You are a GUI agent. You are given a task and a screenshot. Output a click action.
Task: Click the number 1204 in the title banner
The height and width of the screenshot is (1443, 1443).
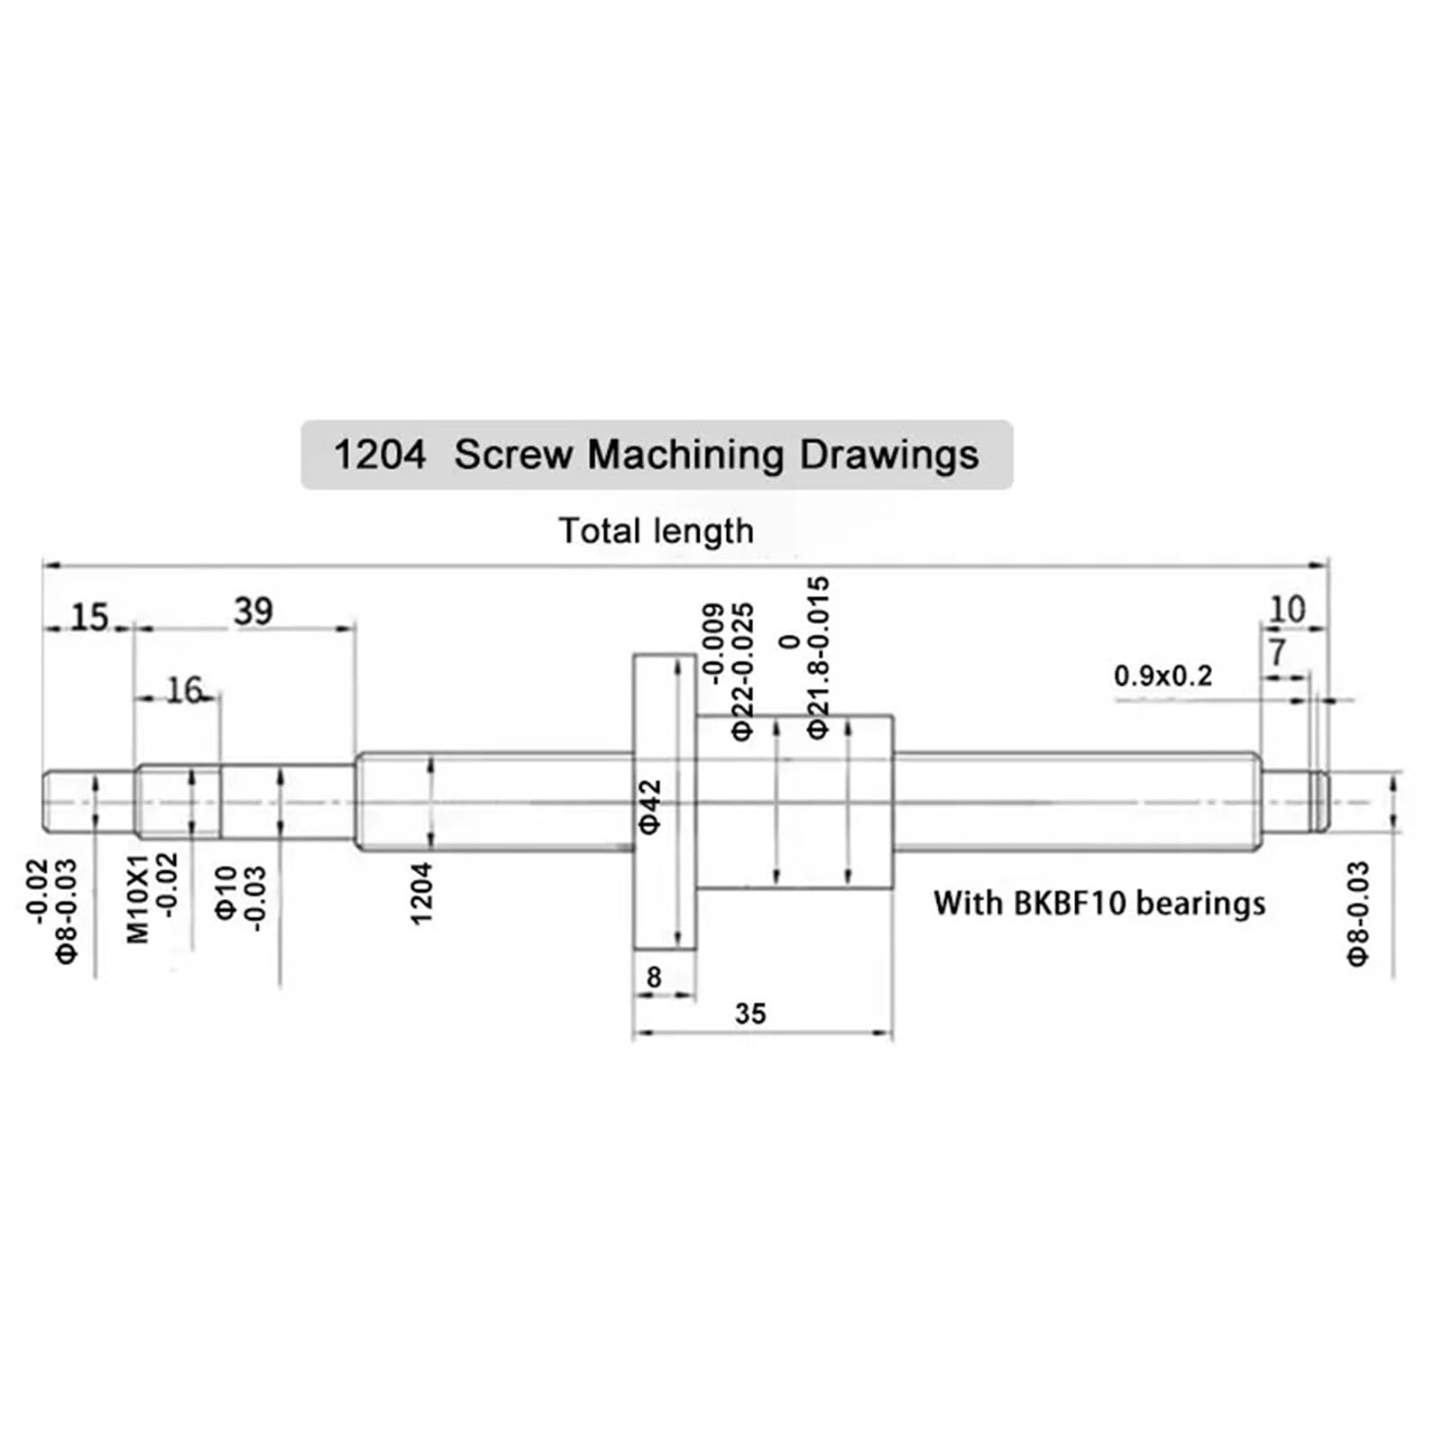[x=379, y=455]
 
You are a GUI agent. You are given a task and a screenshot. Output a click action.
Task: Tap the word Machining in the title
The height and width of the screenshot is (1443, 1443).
[x=685, y=455]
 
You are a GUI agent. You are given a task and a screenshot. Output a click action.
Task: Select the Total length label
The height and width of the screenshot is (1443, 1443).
[x=656, y=531]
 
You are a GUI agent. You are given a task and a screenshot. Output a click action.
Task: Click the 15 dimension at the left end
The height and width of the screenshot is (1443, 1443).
[x=89, y=618]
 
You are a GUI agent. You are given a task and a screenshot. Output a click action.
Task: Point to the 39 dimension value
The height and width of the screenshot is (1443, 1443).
[x=253, y=611]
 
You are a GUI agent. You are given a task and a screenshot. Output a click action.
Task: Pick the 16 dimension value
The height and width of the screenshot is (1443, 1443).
[x=184, y=691]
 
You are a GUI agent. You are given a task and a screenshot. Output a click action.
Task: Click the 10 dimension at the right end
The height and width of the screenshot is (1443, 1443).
[x=1286, y=610]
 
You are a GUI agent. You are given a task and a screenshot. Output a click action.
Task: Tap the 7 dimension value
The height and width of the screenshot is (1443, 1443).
[x=1276, y=652]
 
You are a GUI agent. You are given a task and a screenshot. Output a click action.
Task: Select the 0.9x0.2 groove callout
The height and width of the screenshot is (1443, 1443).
[x=1163, y=676]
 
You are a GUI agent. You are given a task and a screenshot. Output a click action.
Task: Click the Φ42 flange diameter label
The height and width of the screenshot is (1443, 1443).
[x=650, y=807]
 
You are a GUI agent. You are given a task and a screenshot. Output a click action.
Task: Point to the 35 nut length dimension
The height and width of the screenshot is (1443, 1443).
[x=749, y=1014]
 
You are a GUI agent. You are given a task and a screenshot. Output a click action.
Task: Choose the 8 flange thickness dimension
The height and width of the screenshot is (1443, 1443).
[x=654, y=977]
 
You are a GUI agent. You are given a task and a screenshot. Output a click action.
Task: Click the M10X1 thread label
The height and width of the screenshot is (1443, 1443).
[x=137, y=899]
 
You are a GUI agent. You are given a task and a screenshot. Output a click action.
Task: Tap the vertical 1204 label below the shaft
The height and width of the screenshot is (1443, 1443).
[x=421, y=893]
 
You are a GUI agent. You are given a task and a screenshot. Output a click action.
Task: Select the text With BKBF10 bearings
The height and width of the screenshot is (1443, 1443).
[x=1098, y=903]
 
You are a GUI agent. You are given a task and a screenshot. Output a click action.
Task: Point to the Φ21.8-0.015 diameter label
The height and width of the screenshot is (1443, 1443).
[x=818, y=658]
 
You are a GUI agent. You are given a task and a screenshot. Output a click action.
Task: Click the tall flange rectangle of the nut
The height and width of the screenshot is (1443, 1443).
[x=665, y=703]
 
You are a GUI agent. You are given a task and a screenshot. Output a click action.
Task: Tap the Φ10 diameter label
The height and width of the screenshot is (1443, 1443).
[x=225, y=893]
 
